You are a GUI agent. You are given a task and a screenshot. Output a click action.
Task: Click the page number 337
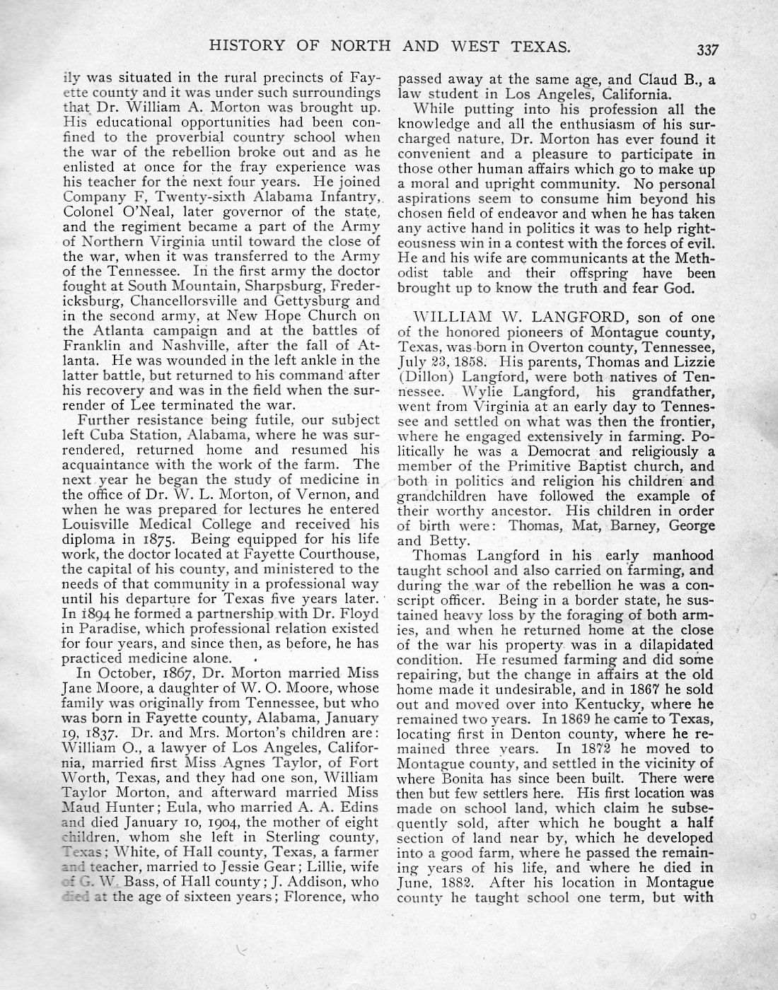coord(707,50)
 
